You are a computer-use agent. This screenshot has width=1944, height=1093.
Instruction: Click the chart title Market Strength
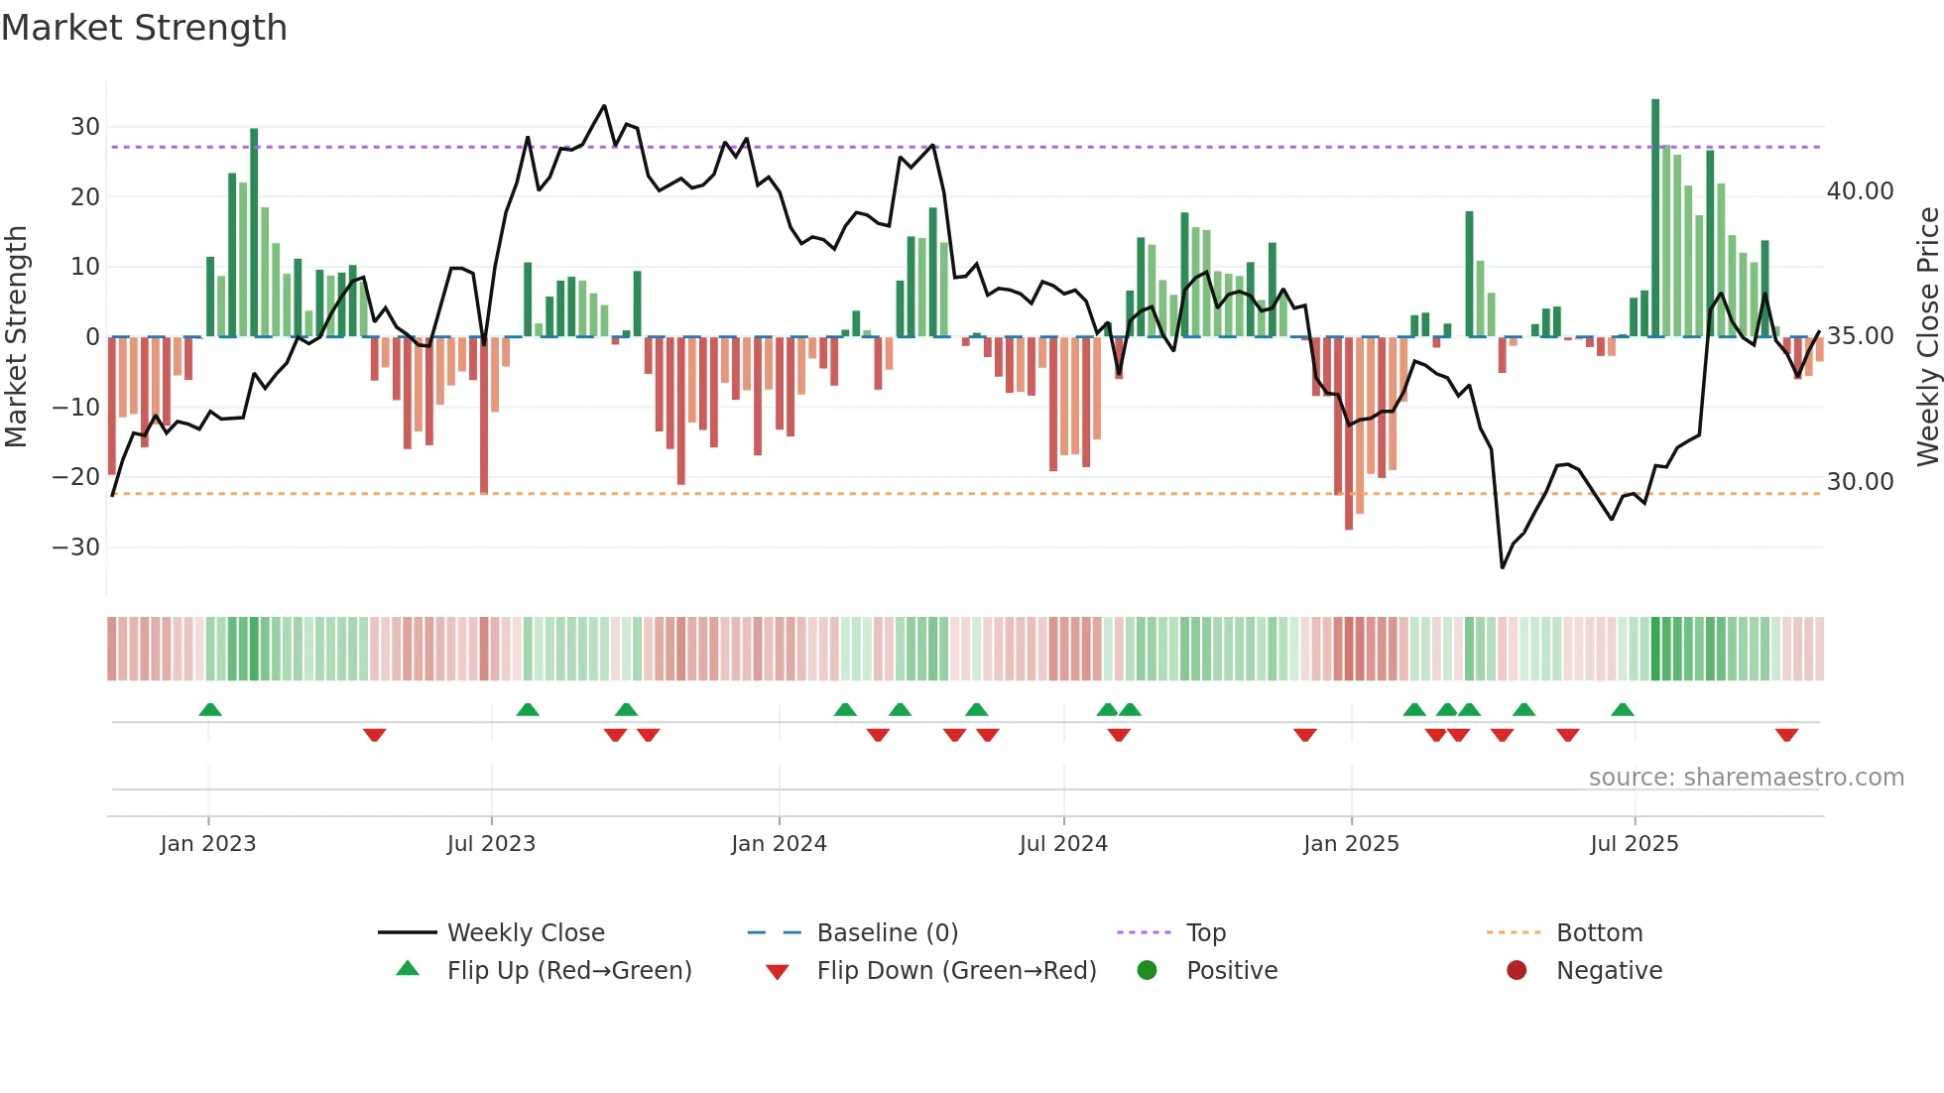pos(144,28)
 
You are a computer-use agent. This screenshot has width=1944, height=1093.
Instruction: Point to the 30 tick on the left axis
pos(84,127)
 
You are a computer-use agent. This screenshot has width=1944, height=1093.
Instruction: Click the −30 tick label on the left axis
pos(76,547)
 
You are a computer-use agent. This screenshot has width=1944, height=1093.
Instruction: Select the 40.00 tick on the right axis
pos(1860,191)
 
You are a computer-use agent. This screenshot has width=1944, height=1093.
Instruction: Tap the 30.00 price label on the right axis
pos(1860,482)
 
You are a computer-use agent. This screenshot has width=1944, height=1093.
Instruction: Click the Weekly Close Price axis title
pos(1927,337)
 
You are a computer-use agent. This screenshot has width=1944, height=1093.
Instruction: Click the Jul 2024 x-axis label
pos(1063,844)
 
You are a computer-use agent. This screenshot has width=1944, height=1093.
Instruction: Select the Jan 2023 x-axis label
pos(208,844)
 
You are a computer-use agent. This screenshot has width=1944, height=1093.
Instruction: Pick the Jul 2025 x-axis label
pos(1634,844)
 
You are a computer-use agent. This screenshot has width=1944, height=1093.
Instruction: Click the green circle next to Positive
pos(1148,971)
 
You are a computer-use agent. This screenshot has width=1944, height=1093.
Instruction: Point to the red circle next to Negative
pos(1517,971)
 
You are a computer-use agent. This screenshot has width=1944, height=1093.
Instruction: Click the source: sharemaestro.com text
pos(1746,778)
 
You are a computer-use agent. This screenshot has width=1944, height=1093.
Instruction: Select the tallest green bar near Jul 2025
pos(1655,218)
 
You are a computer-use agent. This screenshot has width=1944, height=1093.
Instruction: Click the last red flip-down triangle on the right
pos(1786,735)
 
